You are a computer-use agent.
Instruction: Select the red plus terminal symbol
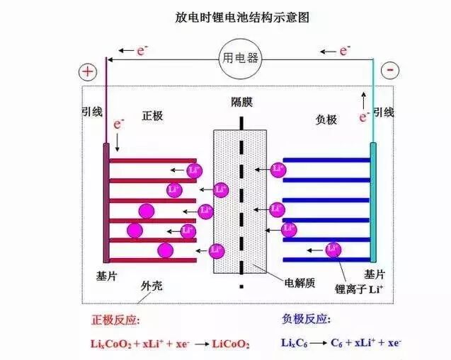coord(87,71)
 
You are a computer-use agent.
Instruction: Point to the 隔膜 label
coord(241,102)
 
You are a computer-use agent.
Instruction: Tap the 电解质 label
coord(298,282)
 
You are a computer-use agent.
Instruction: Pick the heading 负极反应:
coord(306,320)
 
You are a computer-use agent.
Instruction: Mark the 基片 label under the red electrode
coord(105,274)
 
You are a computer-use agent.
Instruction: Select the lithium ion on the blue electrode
coord(333,249)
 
